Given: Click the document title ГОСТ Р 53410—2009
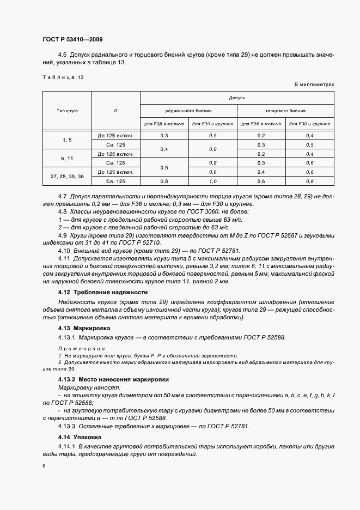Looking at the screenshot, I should pyautogui.click(x=72, y=39).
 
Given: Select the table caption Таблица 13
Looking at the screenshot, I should pyautogui.click(x=63, y=78).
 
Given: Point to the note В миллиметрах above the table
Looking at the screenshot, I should pyautogui.click(x=314, y=85).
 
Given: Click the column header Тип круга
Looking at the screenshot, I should pyautogui.click(x=67, y=111).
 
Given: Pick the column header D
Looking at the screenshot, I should pyautogui.click(x=115, y=111).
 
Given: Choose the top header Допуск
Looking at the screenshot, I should pyautogui.click(x=237, y=98).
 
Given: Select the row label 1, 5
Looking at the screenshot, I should pyautogui.click(x=67, y=140).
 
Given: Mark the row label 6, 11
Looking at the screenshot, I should pyautogui.click(x=67, y=159).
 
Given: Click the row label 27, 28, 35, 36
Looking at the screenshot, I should pyautogui.click(x=67, y=177).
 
